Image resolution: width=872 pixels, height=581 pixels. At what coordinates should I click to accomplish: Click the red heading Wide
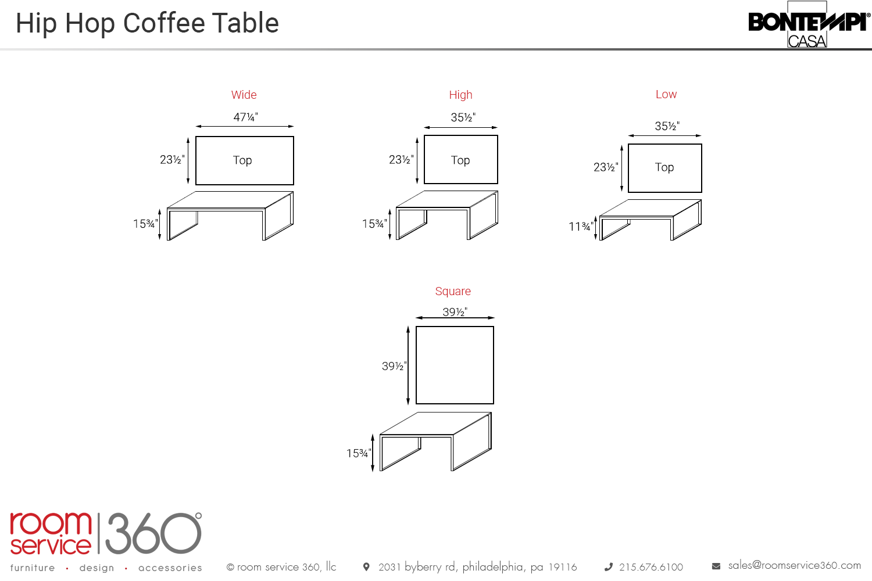pos(244,95)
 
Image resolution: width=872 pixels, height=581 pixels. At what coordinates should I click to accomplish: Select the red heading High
pos(460,95)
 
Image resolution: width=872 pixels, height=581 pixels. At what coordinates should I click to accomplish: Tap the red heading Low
pos(666,94)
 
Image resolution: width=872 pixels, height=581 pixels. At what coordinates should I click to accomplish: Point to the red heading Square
pos(453,291)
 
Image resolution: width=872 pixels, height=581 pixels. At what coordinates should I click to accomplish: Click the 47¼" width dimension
pos(246,117)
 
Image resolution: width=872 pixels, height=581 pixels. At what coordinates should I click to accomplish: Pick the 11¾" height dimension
pos(581,227)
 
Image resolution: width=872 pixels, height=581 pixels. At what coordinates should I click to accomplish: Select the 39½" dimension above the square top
pos(455,312)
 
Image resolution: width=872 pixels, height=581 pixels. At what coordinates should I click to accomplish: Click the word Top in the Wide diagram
pos(242,160)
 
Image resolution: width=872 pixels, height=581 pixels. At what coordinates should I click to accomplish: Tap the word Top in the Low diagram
pos(664,167)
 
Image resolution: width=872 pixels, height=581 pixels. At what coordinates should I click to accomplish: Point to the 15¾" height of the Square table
pos(359,453)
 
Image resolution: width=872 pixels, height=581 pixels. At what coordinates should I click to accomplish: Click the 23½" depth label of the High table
pos(401,160)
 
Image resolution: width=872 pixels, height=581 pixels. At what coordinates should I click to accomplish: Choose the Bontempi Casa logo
pos(809,24)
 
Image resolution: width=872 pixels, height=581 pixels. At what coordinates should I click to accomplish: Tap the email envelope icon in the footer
pos(716,566)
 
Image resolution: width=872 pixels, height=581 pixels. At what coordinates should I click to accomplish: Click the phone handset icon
pos(609,567)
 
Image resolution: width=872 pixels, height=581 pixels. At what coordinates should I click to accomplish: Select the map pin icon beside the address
pos(366,566)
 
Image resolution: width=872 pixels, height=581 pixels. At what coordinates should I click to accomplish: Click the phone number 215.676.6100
pos(651,567)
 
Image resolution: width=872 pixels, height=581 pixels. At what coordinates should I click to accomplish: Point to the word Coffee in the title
pos(165,23)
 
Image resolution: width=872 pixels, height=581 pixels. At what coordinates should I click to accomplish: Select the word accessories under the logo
pos(170,568)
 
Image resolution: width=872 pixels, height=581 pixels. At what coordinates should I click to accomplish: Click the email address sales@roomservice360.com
pos(795,565)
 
